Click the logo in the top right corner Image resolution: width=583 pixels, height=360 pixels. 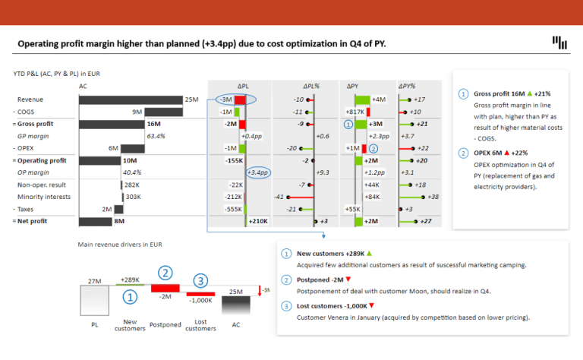[559, 43]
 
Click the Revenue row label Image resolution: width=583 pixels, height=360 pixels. [30, 99]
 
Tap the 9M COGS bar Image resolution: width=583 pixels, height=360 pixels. [156, 112]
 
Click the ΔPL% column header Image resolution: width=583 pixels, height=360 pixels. [312, 87]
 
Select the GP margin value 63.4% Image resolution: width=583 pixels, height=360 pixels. [156, 136]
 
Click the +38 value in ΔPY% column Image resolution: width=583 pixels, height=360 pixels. [433, 197]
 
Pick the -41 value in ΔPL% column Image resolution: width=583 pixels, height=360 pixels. [279, 197]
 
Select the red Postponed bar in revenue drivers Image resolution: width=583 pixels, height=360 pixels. [165, 288]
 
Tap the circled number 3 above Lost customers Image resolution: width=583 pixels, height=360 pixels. [200, 282]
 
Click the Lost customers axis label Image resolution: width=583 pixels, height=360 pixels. [201, 324]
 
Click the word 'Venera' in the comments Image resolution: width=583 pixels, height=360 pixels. [339, 317]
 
